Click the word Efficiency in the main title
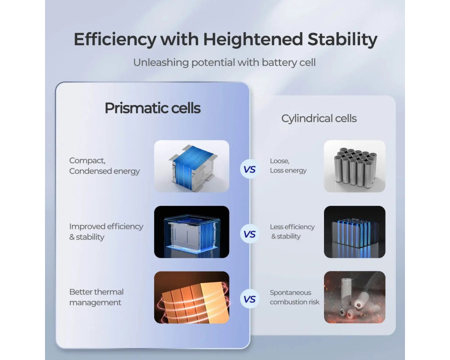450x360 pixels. pyautogui.click(x=115, y=39)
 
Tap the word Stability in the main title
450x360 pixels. pyautogui.click(x=343, y=39)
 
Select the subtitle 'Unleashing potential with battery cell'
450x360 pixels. pyautogui.click(x=224, y=62)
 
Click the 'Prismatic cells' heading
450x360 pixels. pyautogui.click(x=152, y=108)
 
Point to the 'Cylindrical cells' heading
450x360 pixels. pyautogui.click(x=319, y=119)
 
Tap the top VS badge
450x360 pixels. pyautogui.click(x=250, y=169)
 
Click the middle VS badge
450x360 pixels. pyautogui.click(x=250, y=234)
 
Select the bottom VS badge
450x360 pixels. pyautogui.click(x=250, y=299)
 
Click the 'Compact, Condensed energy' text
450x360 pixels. pyautogui.click(x=105, y=165)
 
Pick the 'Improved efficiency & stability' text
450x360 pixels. pyautogui.click(x=106, y=232)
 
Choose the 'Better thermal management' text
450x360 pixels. pyautogui.click(x=96, y=297)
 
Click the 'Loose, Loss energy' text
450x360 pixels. pyautogui.click(x=288, y=165)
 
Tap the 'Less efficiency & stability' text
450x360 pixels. pyautogui.click(x=292, y=231)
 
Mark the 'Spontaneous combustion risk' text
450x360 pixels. pyautogui.click(x=294, y=297)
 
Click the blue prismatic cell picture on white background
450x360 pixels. pyautogui.click(x=192, y=166)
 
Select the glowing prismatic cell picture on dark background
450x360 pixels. pyautogui.click(x=192, y=232)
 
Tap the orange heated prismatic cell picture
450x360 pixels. pyautogui.click(x=192, y=298)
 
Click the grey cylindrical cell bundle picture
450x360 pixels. pyautogui.click(x=355, y=166)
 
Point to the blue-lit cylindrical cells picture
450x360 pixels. pyautogui.click(x=355, y=232)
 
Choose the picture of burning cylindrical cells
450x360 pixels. pyautogui.click(x=355, y=298)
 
